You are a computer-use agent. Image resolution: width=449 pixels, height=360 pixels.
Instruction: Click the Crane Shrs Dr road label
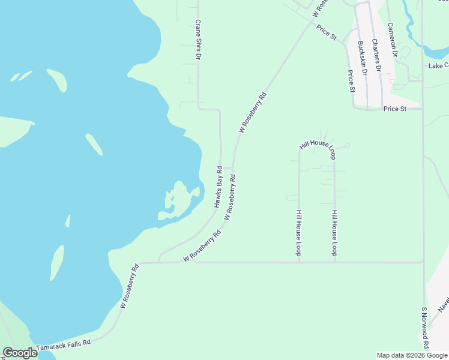click(197, 40)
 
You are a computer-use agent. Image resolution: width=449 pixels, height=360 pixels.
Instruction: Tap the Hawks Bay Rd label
click(218, 187)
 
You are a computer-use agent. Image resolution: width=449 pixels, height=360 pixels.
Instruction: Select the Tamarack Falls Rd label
click(63, 346)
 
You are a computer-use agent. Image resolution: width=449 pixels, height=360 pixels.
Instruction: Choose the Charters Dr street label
click(376, 55)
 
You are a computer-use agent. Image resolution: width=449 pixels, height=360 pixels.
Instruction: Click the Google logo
click(20, 353)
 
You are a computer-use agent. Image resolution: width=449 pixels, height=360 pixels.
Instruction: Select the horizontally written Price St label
click(394, 109)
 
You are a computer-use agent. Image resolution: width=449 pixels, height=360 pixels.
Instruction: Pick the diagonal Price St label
click(326, 32)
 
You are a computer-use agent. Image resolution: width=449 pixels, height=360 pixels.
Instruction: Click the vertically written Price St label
click(352, 81)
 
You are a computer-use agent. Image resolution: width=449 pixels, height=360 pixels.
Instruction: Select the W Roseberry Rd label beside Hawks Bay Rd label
click(230, 197)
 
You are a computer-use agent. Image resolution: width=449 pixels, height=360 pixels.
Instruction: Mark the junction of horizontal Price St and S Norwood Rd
click(423, 109)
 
